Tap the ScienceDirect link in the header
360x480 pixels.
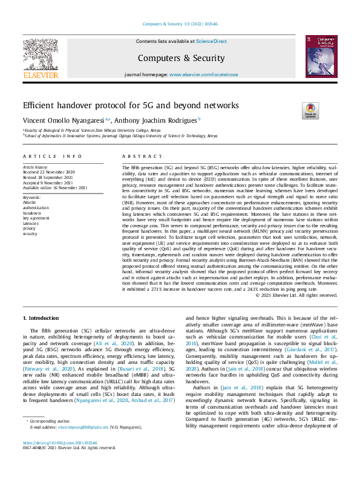[x=211, y=41]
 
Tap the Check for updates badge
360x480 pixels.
[x=310, y=111]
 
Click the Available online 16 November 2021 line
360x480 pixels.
[x=55, y=187]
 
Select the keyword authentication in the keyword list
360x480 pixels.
[x=36, y=207]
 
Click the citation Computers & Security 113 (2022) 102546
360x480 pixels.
[x=180, y=24]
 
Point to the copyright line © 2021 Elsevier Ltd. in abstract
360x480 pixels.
[x=296, y=295]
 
